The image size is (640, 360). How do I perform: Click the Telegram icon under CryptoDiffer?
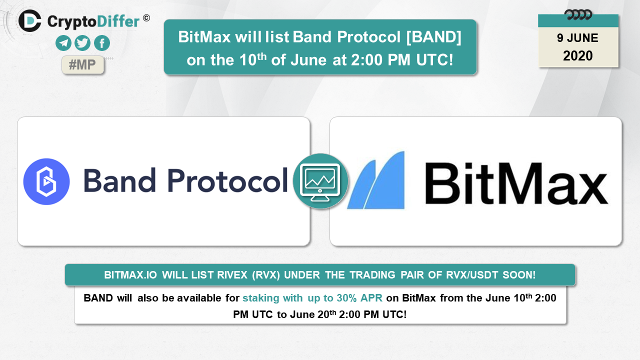tap(63, 43)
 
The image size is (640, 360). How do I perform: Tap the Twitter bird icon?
tap(82, 43)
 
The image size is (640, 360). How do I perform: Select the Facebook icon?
tap(102, 43)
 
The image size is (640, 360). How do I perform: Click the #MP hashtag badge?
tap(83, 65)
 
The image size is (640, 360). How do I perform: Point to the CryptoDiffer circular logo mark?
tap(30, 21)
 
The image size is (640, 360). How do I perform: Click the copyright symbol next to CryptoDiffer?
tap(146, 18)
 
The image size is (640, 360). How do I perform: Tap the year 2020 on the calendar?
tap(578, 55)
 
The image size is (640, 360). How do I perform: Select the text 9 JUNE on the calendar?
tap(577, 38)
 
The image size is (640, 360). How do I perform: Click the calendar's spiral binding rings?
tap(578, 15)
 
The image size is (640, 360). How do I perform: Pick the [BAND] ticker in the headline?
tap(433, 37)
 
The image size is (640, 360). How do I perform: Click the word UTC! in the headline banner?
tap(434, 60)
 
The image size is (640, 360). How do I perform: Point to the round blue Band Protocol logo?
tap(46, 181)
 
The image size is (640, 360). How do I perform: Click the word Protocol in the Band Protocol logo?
tap(227, 180)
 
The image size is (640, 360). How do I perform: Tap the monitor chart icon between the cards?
tap(320, 181)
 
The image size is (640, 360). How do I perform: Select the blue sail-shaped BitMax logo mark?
tap(376, 180)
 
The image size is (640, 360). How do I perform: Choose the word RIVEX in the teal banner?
tap(232, 275)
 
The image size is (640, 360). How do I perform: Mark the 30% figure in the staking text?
tap(346, 298)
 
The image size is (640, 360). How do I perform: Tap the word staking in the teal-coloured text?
tap(261, 298)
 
